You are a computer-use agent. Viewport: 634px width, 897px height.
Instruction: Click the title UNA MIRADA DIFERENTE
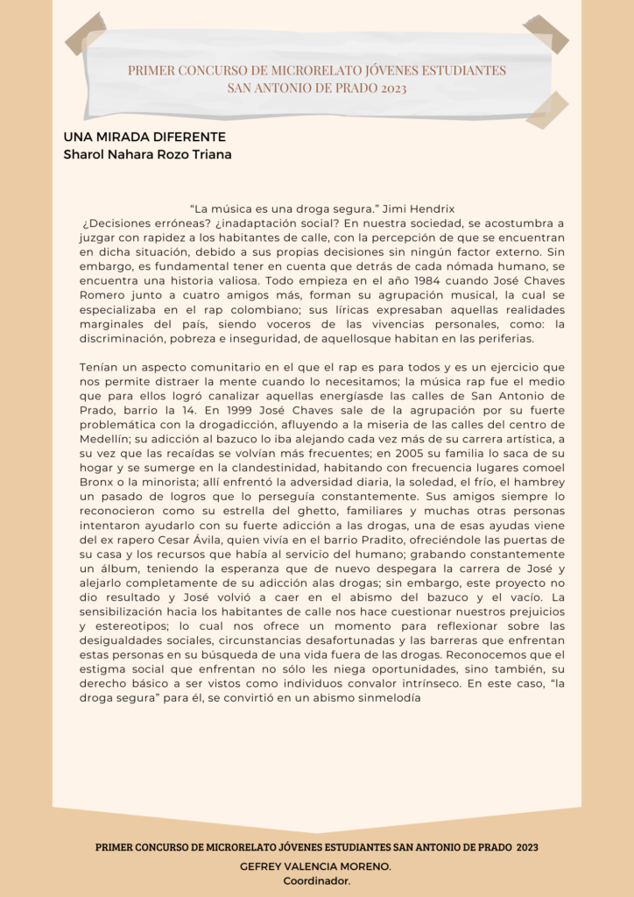point(144,138)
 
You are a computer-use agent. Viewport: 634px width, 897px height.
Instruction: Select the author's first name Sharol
point(83,155)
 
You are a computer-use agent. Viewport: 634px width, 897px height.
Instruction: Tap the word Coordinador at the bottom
point(316,880)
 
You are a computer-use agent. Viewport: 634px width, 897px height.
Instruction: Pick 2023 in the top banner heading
point(388,88)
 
